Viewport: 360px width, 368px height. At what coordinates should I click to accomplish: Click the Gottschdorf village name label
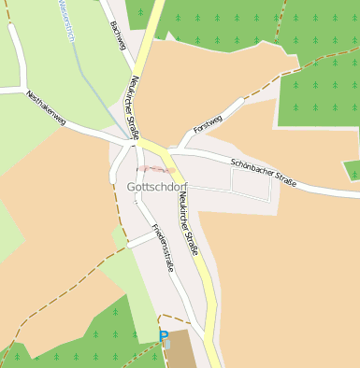tap(156, 187)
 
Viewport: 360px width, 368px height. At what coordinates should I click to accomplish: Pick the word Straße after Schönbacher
tap(283, 179)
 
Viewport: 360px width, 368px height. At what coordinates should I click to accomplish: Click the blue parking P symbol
tap(164, 336)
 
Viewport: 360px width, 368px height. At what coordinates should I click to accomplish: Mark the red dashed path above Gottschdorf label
tap(155, 170)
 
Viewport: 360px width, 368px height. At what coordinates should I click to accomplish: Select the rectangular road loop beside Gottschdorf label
tap(251, 186)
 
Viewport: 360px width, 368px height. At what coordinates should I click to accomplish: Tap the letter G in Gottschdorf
tap(130, 187)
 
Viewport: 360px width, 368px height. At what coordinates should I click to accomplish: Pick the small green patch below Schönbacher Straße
tap(353, 170)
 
